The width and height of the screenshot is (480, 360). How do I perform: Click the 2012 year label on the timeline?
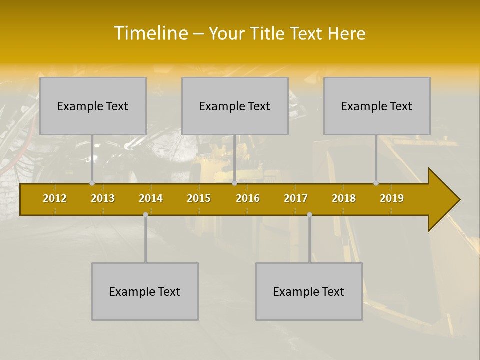(55, 198)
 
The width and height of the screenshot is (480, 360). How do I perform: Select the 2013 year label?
(103, 198)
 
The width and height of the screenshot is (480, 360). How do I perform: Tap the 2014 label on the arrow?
(151, 198)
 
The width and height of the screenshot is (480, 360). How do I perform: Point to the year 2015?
(199, 198)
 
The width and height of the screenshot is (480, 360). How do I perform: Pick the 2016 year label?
(248, 198)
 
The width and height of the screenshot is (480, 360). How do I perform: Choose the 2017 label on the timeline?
(296, 198)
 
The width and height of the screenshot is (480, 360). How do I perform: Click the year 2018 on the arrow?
(344, 198)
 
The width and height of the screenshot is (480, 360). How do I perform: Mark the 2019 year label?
(392, 198)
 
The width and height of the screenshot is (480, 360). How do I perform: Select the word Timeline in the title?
(150, 33)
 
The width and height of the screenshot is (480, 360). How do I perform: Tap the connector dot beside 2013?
(92, 183)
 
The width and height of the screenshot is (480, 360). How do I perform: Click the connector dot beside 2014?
(145, 215)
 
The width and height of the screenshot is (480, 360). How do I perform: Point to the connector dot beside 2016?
(234, 183)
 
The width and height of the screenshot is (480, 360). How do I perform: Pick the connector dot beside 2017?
(309, 215)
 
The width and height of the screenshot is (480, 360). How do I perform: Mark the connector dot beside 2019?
(376, 183)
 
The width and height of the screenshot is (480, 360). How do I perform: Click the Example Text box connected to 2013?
(93, 106)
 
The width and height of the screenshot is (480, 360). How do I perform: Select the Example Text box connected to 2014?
(145, 291)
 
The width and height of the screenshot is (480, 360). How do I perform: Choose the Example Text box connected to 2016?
(235, 106)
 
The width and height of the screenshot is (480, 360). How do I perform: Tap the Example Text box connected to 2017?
(309, 291)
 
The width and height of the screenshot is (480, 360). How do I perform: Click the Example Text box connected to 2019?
(377, 106)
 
